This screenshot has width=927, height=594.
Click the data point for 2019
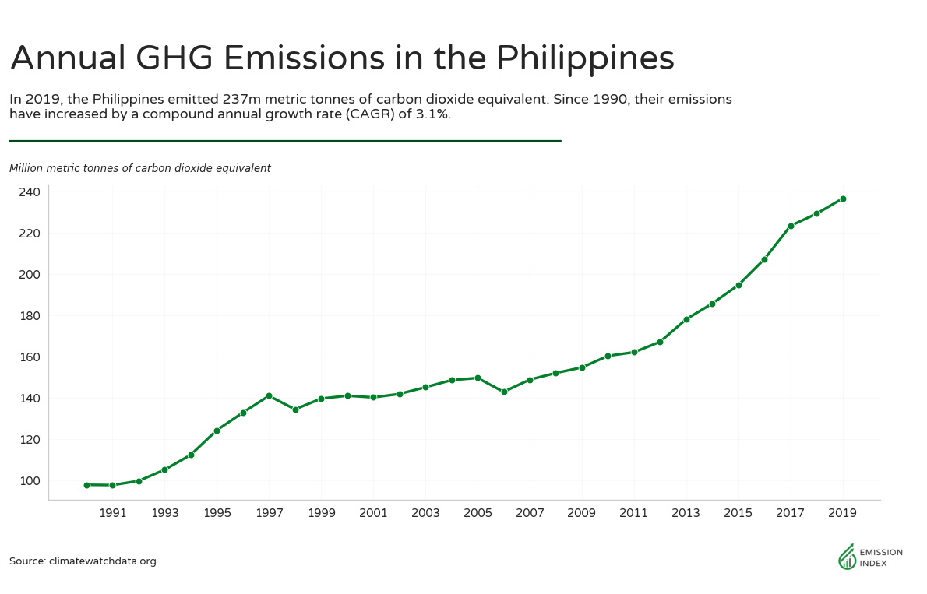[843, 199]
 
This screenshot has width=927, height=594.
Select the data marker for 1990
[86, 485]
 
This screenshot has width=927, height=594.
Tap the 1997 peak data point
[269, 395]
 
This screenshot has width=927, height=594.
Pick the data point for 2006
[504, 392]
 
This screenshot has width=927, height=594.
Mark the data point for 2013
[686, 319]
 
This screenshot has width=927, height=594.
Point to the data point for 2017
[791, 226]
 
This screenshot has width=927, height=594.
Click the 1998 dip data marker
[295, 409]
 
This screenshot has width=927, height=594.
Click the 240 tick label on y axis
[30, 192]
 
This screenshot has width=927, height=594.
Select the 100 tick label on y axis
[30, 481]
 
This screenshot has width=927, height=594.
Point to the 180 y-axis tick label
[30, 316]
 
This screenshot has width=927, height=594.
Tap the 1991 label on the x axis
[113, 514]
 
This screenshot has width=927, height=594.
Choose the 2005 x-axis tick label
[478, 514]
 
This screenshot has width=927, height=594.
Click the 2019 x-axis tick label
[843, 514]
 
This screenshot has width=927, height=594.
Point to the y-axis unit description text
[140, 168]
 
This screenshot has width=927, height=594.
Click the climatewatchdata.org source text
[102, 561]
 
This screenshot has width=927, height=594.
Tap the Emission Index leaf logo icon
[846, 556]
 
